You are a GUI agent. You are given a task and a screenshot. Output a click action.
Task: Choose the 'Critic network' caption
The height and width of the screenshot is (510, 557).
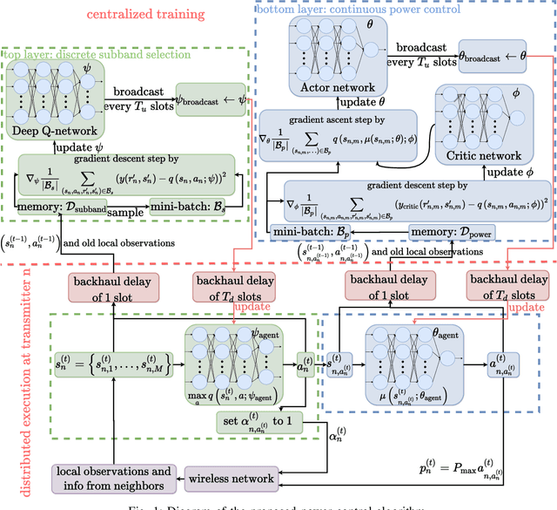tap(484, 157)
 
